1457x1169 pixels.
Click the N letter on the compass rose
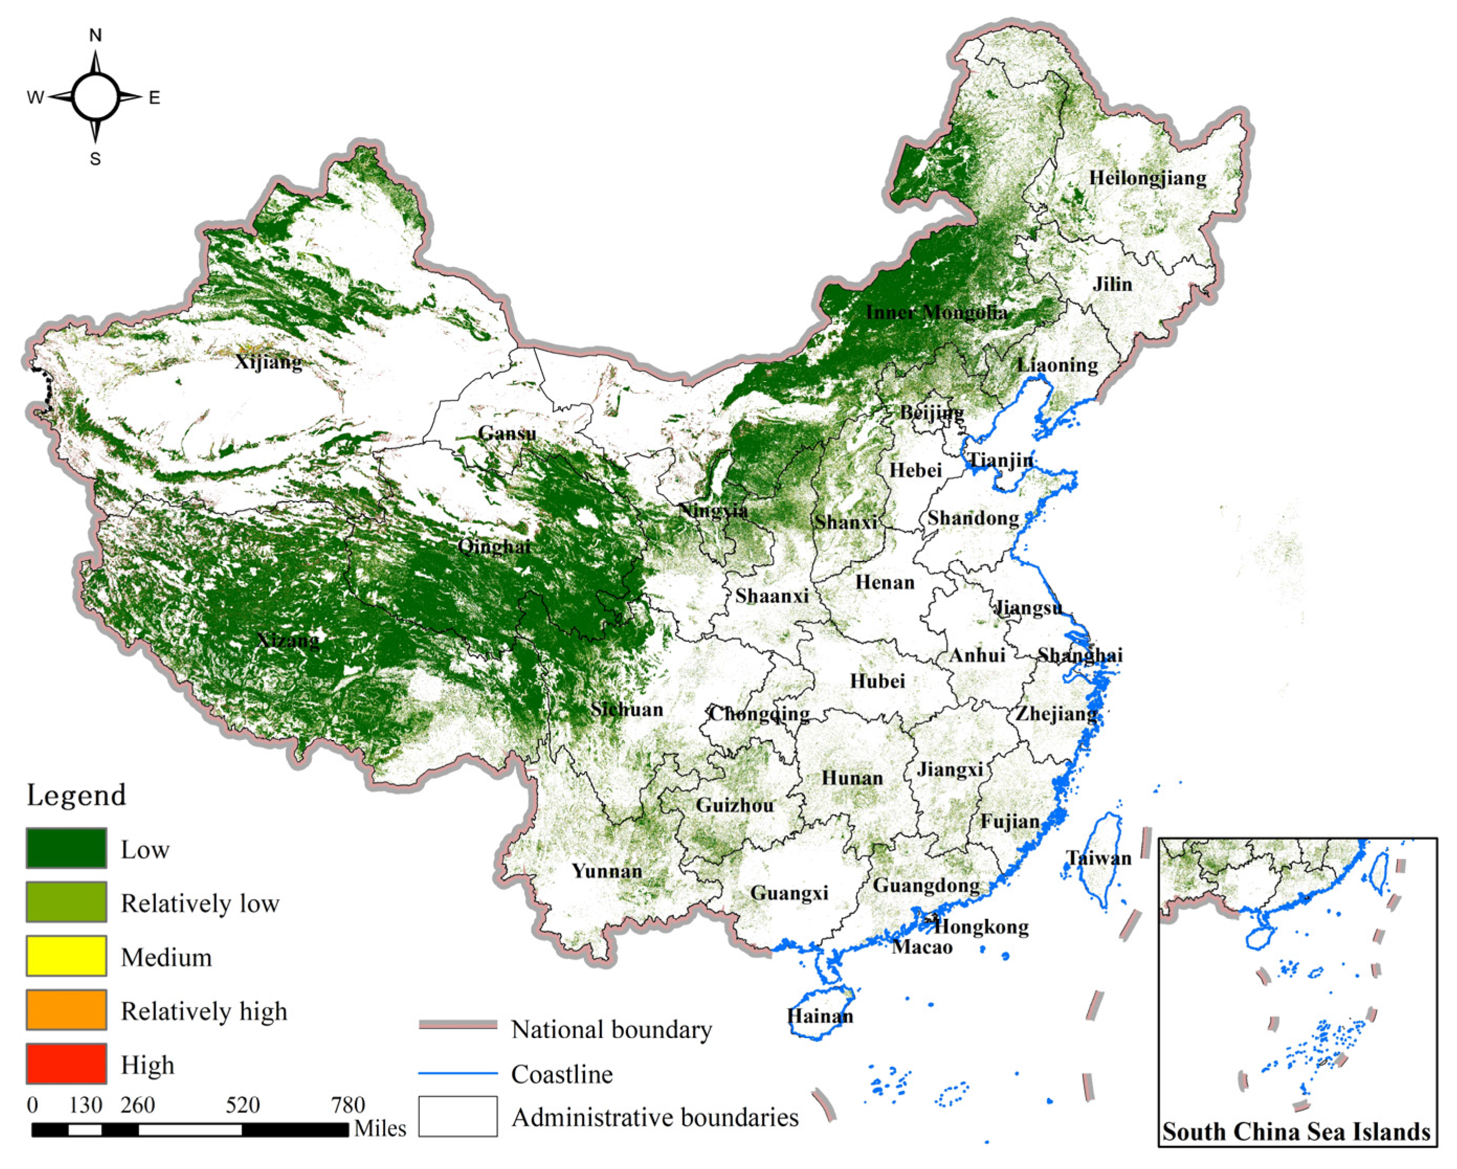click(95, 36)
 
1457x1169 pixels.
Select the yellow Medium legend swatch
click(66, 956)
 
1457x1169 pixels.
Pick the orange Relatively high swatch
click(66, 1009)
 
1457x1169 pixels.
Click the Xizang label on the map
click(288, 639)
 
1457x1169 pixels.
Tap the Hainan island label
click(820, 1016)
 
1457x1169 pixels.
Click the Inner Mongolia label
click(936, 312)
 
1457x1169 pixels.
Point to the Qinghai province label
click(494, 546)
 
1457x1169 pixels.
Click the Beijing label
click(931, 411)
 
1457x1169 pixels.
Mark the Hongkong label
click(981, 926)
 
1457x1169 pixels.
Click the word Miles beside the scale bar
click(380, 1129)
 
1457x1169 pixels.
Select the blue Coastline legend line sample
click(457, 1074)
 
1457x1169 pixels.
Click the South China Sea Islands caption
click(1296, 1132)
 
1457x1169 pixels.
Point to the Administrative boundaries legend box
click(457, 1116)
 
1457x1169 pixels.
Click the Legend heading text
click(76, 795)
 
